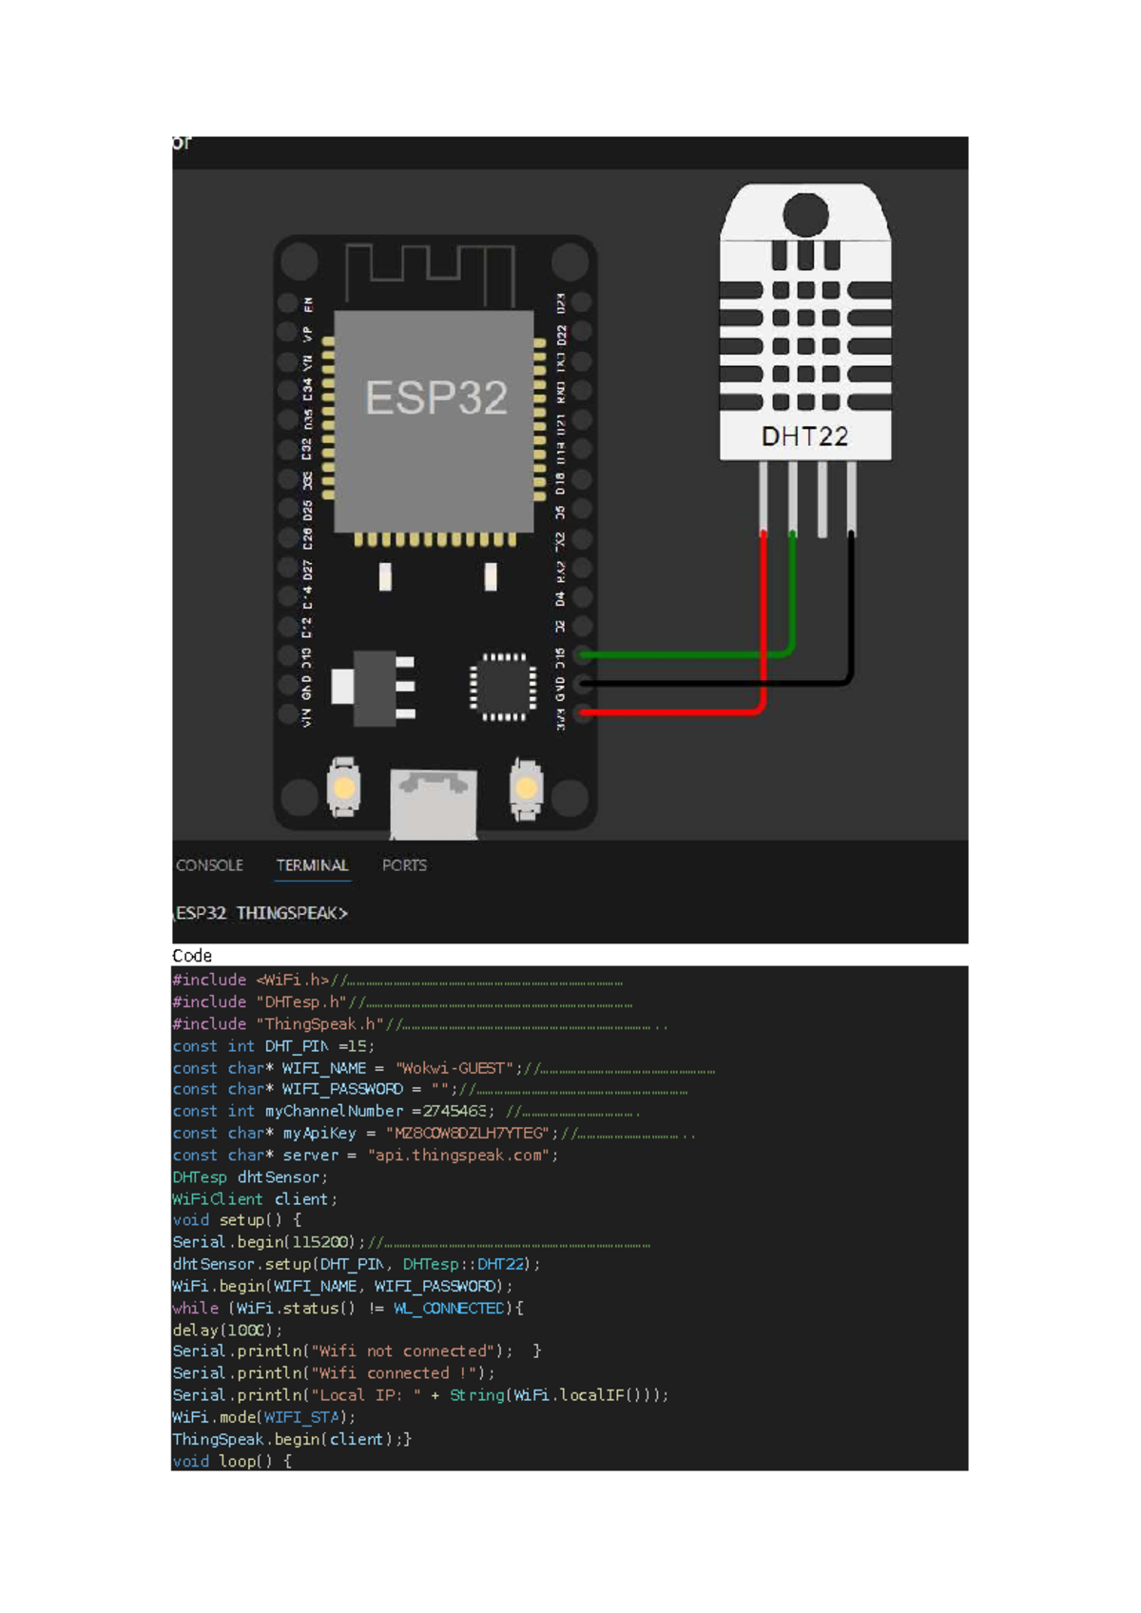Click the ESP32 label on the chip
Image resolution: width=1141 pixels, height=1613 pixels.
pyautogui.click(x=436, y=398)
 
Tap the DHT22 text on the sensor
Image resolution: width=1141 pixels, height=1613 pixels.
pyautogui.click(x=804, y=437)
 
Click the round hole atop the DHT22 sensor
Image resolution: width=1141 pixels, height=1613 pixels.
pyautogui.click(x=805, y=214)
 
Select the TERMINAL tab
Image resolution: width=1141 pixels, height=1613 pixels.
pyautogui.click(x=312, y=865)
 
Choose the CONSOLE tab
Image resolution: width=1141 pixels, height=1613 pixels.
pyautogui.click(x=209, y=865)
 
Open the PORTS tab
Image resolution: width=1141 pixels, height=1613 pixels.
pyautogui.click(x=404, y=865)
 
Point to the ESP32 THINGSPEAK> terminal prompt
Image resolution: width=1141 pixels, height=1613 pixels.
pyautogui.click(x=261, y=913)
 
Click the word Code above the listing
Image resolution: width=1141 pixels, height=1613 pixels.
pyautogui.click(x=192, y=956)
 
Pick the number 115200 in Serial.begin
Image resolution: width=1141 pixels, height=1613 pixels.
pyautogui.click(x=323, y=1242)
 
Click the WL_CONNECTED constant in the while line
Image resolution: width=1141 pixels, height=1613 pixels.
pyautogui.click(x=450, y=1309)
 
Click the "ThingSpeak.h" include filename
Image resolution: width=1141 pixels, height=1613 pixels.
pyautogui.click(x=319, y=1024)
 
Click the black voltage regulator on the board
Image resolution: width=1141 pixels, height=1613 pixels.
pyautogui.click(x=374, y=688)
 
